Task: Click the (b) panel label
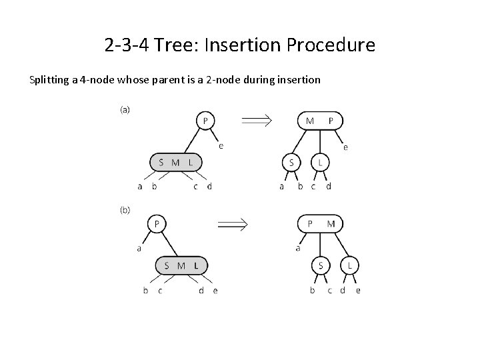tap(125, 209)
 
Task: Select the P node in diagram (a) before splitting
tap(205, 121)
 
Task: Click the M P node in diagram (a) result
tap(320, 121)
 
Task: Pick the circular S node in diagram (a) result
tap(291, 163)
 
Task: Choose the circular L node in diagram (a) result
tap(320, 163)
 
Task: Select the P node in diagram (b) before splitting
tap(157, 223)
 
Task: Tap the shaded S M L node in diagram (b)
tap(181, 265)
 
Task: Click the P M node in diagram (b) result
tap(321, 223)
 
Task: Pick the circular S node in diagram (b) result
tap(321, 265)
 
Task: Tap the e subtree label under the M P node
tap(345, 147)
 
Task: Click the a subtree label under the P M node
tap(297, 249)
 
